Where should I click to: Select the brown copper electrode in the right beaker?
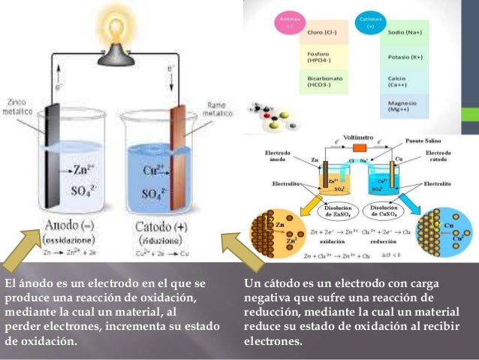(179, 158)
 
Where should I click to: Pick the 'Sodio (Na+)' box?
(404, 33)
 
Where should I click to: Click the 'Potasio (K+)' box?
(404, 57)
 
